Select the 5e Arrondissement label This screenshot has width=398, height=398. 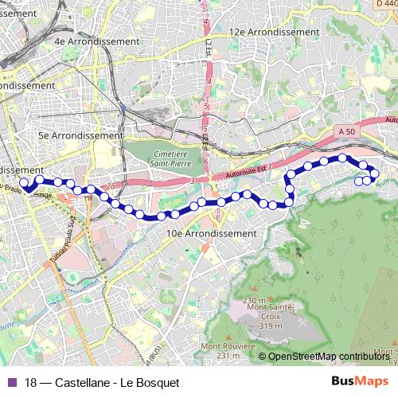click(81, 135)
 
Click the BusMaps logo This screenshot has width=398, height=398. click(361, 381)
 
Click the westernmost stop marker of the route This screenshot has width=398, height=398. click(23, 183)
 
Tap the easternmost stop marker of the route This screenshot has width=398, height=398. click(375, 173)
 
